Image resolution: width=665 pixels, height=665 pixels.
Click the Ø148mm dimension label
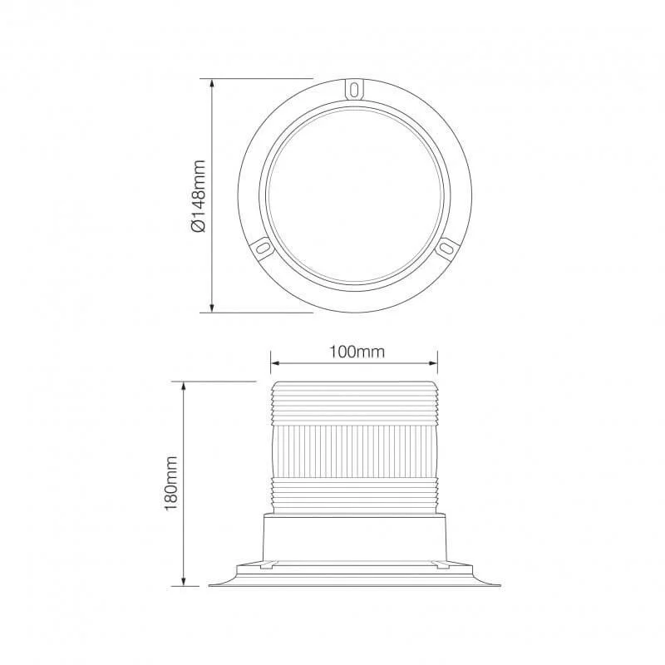(198, 197)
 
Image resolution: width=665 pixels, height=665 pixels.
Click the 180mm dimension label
(172, 483)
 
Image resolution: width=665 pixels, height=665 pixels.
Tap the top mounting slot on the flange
(356, 88)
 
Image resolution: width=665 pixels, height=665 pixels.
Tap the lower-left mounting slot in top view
(260, 247)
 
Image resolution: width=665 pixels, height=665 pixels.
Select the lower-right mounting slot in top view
(447, 247)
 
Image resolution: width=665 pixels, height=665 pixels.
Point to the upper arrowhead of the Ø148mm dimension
(214, 84)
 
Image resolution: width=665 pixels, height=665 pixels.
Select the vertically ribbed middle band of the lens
(355, 449)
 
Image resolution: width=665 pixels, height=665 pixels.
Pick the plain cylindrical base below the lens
(355, 536)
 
